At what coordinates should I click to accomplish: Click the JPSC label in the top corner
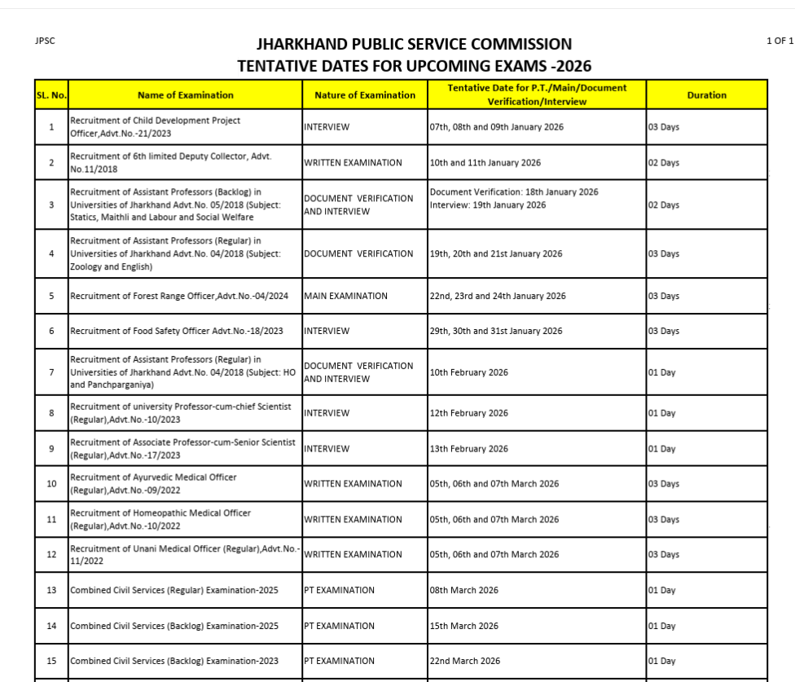pyautogui.click(x=45, y=40)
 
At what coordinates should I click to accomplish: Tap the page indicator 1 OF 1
pyautogui.click(x=780, y=40)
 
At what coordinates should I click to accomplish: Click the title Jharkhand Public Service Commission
pyautogui.click(x=414, y=44)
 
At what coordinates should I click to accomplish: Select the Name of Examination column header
pyautogui.click(x=185, y=95)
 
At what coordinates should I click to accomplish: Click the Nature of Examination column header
pyautogui.click(x=365, y=95)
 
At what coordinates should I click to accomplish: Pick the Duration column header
pyautogui.click(x=706, y=95)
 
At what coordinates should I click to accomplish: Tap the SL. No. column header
pyautogui.click(x=51, y=95)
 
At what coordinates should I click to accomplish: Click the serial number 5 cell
pyautogui.click(x=51, y=296)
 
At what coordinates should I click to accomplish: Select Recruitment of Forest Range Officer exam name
pyautogui.click(x=179, y=296)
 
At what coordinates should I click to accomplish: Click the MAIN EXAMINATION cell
pyautogui.click(x=345, y=296)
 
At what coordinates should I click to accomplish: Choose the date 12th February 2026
pyautogui.click(x=468, y=413)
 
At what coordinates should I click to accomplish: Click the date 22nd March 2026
pyautogui.click(x=464, y=661)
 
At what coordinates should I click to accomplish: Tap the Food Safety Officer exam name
pyautogui.click(x=176, y=331)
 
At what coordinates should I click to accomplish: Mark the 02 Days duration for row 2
pyautogui.click(x=663, y=163)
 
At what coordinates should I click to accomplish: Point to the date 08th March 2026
pyautogui.click(x=463, y=590)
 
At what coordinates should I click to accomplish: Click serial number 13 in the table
pyautogui.click(x=51, y=590)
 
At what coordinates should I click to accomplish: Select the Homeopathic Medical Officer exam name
pyautogui.click(x=160, y=519)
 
